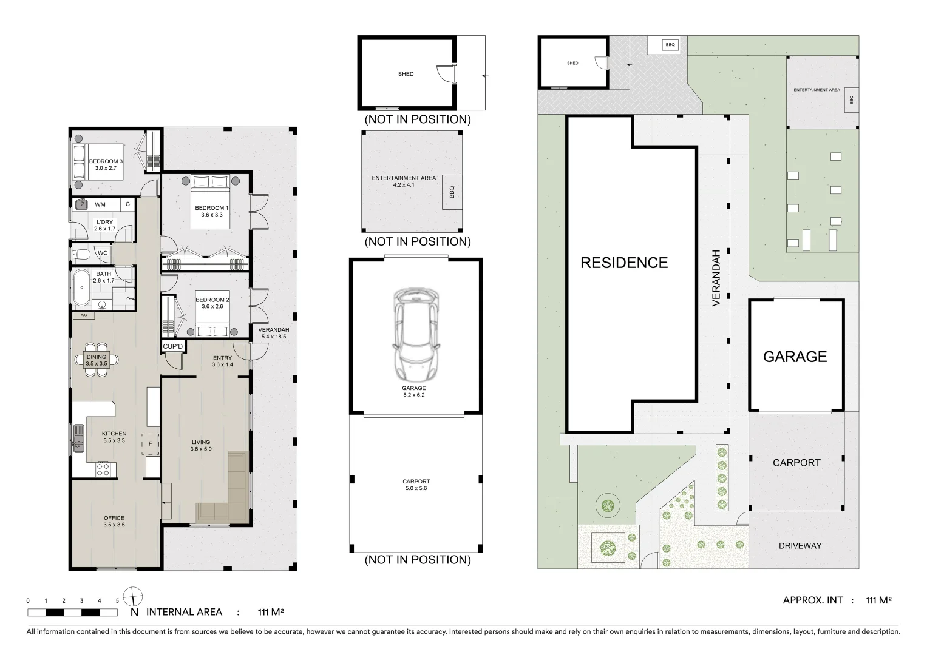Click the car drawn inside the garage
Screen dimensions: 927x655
pyautogui.click(x=416, y=335)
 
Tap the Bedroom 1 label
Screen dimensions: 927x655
pyautogui.click(x=211, y=211)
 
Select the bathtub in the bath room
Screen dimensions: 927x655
pyautogui.click(x=82, y=287)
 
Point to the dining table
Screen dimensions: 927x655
pyautogui.click(x=97, y=360)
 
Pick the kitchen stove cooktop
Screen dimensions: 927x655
pyautogui.click(x=103, y=469)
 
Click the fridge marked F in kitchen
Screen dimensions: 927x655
pyautogui.click(x=150, y=444)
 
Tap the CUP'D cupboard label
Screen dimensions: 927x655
pyautogui.click(x=172, y=346)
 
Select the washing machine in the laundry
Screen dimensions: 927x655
pyautogui.click(x=81, y=204)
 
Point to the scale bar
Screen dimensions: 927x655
pyautogui.click(x=72, y=613)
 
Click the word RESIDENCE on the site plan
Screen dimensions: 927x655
pyautogui.click(x=624, y=263)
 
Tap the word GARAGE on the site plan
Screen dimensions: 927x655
pyautogui.click(x=795, y=357)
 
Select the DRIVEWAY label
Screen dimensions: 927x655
pyautogui.click(x=800, y=546)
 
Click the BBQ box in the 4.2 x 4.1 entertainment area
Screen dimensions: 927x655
pyautogui.click(x=452, y=192)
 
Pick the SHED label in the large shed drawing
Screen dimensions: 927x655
pyautogui.click(x=406, y=74)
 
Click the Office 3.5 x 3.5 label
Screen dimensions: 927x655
pyautogui.click(x=114, y=521)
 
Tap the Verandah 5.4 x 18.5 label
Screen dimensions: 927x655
pyautogui.click(x=274, y=333)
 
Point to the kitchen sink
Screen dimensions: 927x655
pyautogui.click(x=78, y=438)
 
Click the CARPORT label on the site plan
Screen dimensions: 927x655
pyautogui.click(x=796, y=463)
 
